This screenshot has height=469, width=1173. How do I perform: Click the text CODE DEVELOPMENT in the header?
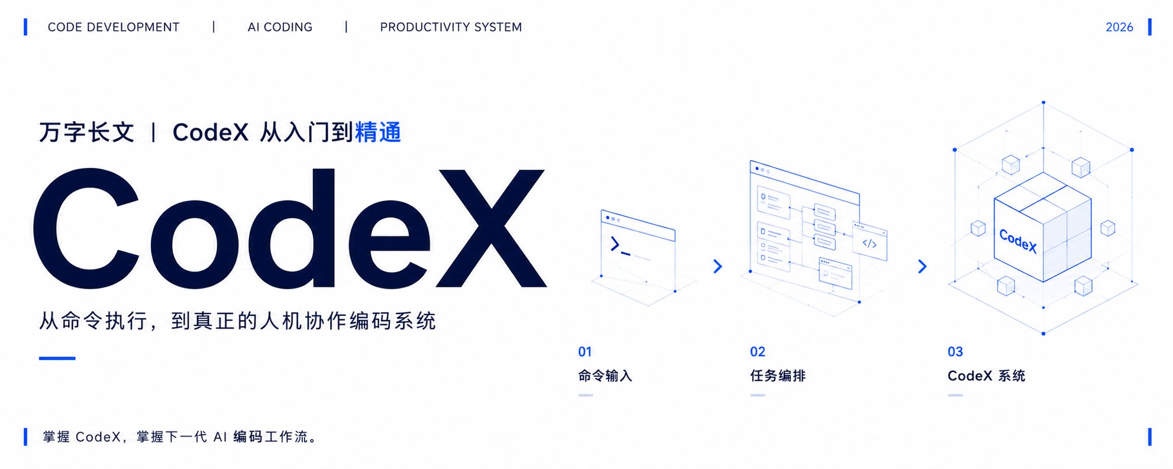114,27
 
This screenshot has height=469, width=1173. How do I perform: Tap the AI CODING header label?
280,27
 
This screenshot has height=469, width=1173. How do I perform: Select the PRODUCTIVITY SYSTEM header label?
451,27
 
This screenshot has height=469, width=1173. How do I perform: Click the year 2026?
1119,27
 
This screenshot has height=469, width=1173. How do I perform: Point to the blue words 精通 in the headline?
378,132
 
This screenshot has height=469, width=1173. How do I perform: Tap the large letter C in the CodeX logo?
87,228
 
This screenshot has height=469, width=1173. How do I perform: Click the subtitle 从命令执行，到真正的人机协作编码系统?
237,321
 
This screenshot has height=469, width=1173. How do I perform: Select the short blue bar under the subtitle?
57,358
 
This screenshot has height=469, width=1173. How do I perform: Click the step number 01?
585,352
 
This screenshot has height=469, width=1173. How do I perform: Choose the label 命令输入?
605,376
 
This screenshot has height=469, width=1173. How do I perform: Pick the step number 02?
758,352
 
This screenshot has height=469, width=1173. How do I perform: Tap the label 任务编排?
778,376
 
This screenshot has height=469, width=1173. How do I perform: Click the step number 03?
955,352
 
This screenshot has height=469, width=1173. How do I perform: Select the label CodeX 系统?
986,376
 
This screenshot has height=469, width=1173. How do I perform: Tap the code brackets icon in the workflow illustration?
870,243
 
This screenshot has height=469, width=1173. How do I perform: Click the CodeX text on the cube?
1018,241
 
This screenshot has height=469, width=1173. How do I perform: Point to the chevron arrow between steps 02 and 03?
922,266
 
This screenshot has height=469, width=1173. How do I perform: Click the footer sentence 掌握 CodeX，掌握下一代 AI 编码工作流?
180,437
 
